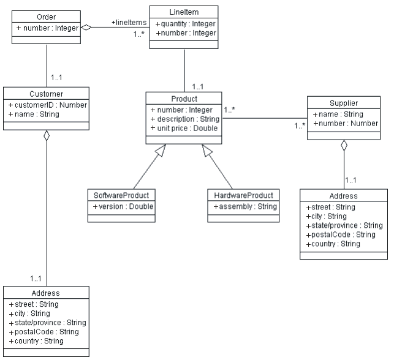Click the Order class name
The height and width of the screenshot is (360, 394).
[x=47, y=16]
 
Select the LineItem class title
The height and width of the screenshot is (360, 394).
[x=184, y=12]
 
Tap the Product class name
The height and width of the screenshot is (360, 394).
[x=184, y=99]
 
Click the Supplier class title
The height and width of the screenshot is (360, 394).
[x=343, y=103]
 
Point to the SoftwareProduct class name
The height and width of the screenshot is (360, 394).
[x=121, y=195]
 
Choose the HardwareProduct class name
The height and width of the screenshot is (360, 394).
[x=244, y=195]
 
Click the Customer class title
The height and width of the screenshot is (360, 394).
[x=47, y=94]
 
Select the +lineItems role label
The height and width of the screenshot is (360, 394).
[x=129, y=23]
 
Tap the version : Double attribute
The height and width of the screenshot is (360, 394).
[x=123, y=207]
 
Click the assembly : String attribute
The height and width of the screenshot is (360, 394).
[x=245, y=207]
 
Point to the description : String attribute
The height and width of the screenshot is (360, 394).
[x=184, y=119]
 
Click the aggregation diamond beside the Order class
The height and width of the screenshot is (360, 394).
[x=88, y=27]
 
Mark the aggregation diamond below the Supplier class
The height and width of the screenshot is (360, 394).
[x=343, y=146]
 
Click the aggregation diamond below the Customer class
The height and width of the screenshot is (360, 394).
[x=47, y=137]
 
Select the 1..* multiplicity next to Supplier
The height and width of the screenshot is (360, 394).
[x=300, y=126]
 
